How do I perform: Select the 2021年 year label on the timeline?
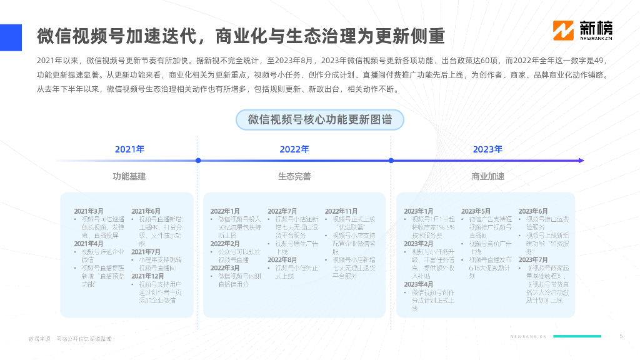[x=129, y=149]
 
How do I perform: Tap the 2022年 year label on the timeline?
[x=294, y=149]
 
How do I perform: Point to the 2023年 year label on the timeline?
[x=487, y=149]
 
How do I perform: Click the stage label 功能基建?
[x=129, y=176]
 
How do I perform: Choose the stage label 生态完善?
[x=294, y=176]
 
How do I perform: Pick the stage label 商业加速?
[x=487, y=176]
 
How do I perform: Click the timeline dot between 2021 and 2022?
[x=198, y=161]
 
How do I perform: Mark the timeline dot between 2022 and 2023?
[x=391, y=161]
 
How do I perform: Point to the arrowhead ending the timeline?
[x=581, y=161]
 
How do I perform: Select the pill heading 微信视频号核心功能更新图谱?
[x=319, y=120]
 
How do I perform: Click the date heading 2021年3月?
[x=89, y=211]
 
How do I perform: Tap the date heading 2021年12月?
[x=147, y=276]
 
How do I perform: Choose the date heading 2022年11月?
[x=341, y=211]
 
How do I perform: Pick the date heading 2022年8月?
[x=282, y=259]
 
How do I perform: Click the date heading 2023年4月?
[x=419, y=284]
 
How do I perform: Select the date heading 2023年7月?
[x=533, y=259]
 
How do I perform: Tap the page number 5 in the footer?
[x=621, y=336]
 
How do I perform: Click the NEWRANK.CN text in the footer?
[x=528, y=336]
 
